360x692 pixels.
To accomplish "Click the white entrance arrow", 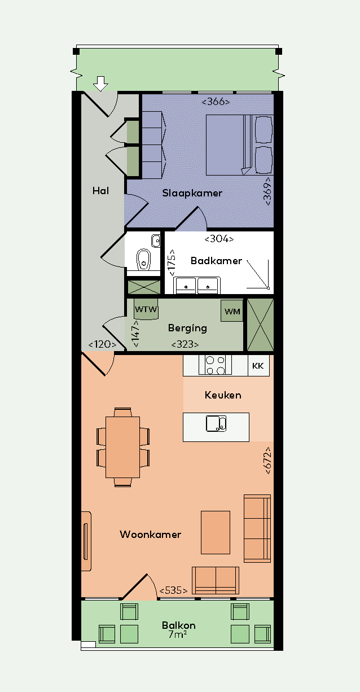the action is click(100, 84).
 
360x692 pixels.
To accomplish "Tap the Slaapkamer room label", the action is click(192, 194).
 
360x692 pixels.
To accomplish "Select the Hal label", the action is click(100, 191).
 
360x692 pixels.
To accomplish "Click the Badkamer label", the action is click(216, 261).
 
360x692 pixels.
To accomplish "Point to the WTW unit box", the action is click(146, 309).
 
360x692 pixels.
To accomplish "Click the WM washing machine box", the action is click(232, 311).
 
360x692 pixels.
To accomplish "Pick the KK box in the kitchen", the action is click(258, 366).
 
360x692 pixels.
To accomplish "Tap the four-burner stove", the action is click(215, 365).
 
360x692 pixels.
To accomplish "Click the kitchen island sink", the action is click(216, 423).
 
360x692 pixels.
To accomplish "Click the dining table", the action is click(122, 448).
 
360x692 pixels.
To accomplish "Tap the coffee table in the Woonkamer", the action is click(216, 532).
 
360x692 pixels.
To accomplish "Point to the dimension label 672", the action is click(268, 461).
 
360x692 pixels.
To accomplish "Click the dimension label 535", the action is click(173, 590).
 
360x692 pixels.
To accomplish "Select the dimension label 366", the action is click(216, 102).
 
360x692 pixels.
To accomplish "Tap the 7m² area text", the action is click(178, 634).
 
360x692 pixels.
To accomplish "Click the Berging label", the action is click(187, 328).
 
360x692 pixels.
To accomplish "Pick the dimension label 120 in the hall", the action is click(102, 344).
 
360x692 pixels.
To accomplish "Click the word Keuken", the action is click(223, 395).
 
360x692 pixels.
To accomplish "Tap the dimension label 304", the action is click(219, 239).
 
